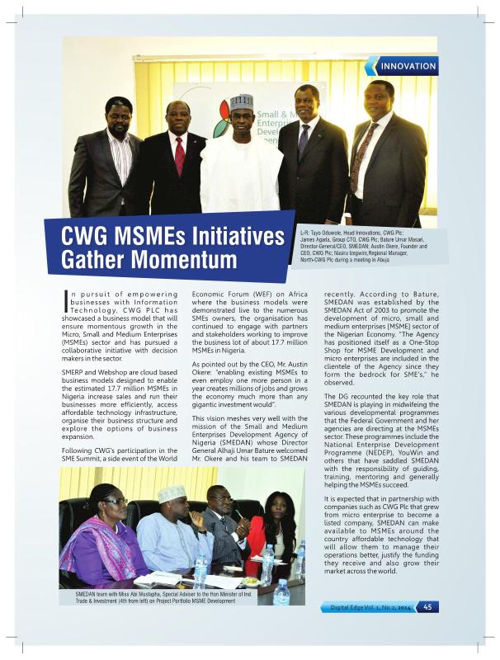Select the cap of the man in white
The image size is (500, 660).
(x=241, y=102)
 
